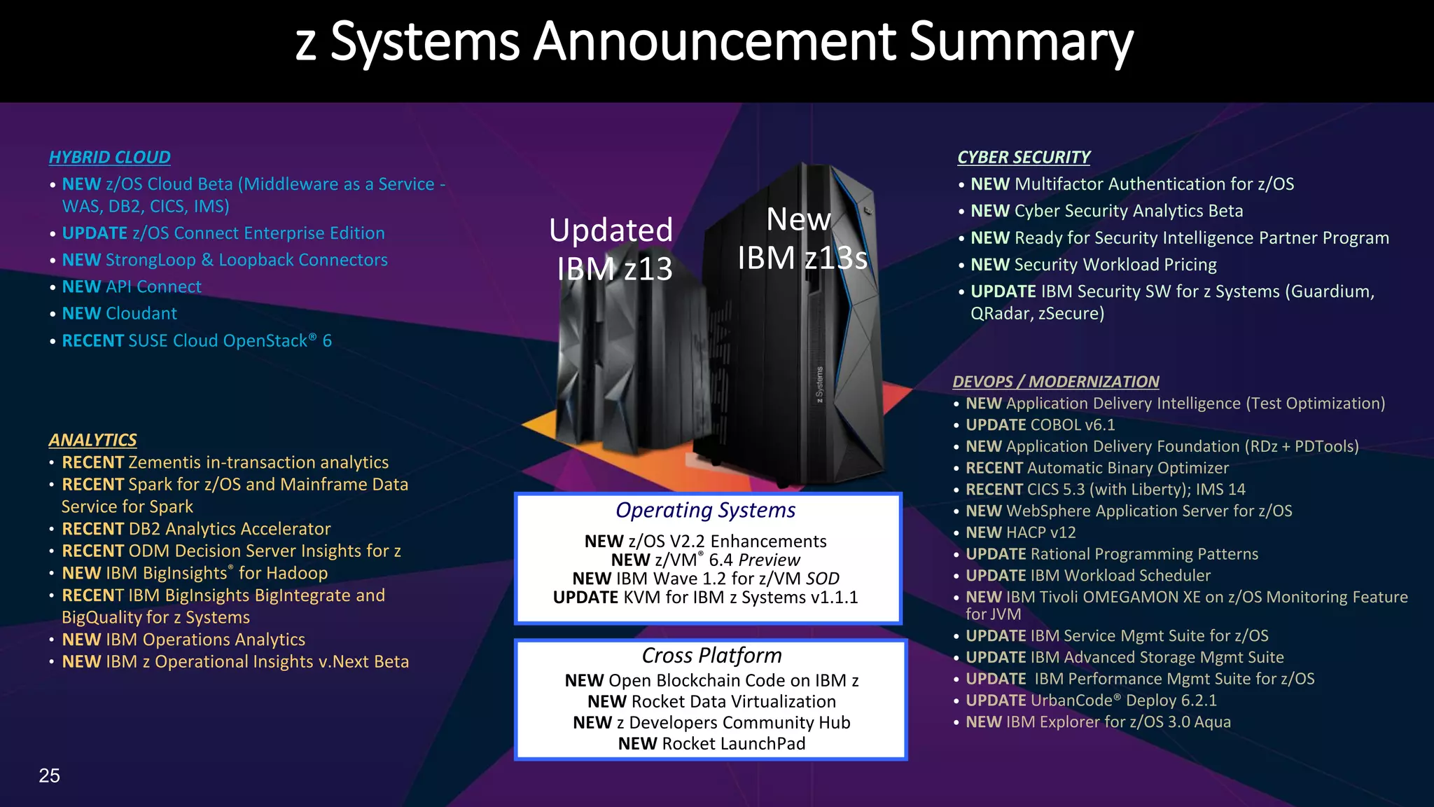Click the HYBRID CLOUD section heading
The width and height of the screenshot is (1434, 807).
(x=109, y=158)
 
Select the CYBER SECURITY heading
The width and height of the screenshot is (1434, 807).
(x=1023, y=158)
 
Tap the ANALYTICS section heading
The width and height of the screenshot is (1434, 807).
(x=92, y=440)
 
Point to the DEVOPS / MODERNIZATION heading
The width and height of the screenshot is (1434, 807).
(x=1055, y=382)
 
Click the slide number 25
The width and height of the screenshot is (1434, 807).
(x=49, y=775)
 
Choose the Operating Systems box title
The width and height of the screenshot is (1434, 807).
(x=705, y=511)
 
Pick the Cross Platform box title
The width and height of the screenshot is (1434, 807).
(x=711, y=656)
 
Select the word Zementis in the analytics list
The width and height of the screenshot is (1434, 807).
(x=160, y=462)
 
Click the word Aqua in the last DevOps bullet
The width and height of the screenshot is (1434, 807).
(x=1212, y=722)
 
